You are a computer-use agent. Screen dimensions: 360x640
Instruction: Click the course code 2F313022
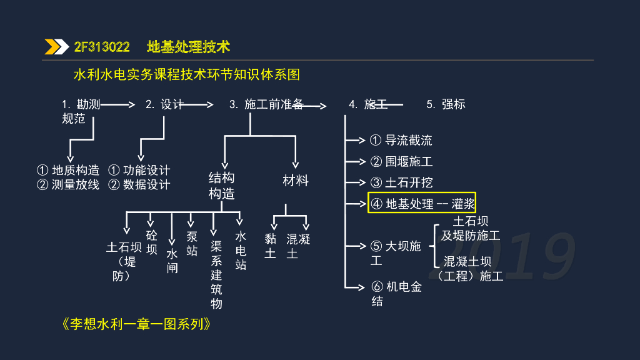tap(102, 47)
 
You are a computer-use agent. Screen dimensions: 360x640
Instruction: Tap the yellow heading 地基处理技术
tap(189, 47)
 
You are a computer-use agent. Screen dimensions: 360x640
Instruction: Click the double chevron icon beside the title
tap(56, 47)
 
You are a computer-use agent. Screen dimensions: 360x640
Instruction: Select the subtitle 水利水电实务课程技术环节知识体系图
tap(187, 75)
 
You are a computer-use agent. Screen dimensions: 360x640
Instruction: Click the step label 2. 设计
tap(164, 104)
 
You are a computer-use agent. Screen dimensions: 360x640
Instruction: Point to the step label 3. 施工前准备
tap(266, 104)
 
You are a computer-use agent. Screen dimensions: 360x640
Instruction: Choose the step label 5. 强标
tap(446, 104)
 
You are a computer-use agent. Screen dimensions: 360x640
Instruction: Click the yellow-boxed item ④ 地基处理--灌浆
tap(422, 203)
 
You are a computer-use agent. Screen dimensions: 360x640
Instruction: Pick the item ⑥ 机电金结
tap(396, 294)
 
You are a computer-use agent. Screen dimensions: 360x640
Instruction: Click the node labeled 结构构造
tap(221, 186)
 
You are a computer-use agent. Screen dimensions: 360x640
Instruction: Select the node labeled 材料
tap(296, 181)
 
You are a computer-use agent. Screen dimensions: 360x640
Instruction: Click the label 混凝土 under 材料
tap(298, 246)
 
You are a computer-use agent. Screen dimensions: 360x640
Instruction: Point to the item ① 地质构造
tap(68, 170)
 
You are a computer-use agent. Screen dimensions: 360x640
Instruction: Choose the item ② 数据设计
tap(139, 184)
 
